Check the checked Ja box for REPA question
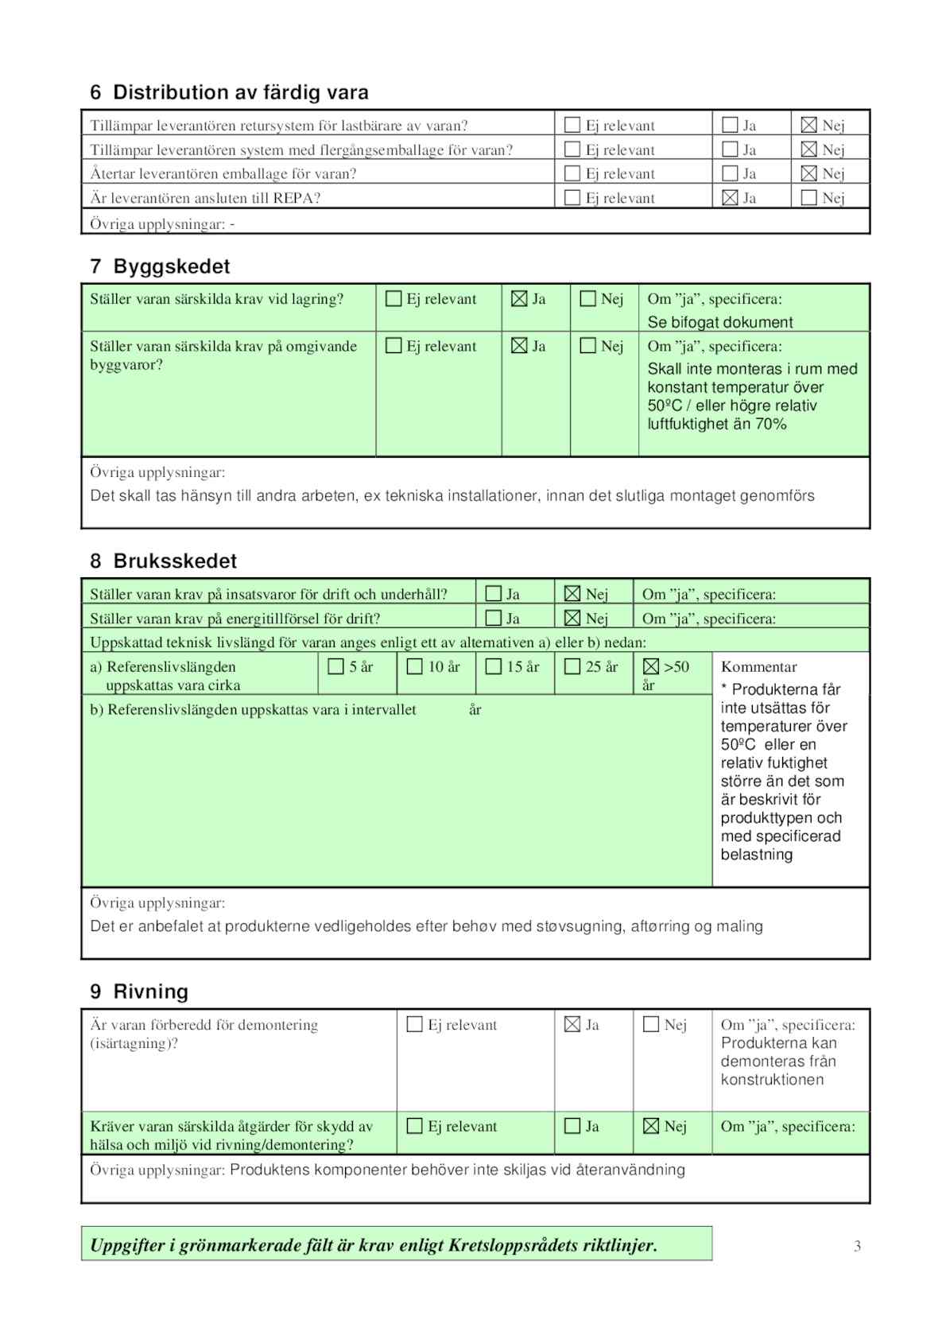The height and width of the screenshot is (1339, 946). point(730,198)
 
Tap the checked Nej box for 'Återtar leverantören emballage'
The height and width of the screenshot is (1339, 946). point(808,173)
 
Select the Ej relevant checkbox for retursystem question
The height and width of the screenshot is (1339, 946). point(572,125)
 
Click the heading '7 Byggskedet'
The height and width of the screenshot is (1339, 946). point(160,266)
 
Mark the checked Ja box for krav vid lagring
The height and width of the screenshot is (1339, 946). point(519,299)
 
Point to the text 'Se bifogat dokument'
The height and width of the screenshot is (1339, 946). point(719,322)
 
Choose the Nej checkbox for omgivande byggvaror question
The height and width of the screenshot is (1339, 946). point(587,346)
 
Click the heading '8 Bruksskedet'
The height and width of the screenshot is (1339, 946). point(163,561)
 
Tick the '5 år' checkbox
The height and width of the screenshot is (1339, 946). point(335,667)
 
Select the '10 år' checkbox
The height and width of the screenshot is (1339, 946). point(414,667)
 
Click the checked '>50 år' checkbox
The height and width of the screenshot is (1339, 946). point(650,667)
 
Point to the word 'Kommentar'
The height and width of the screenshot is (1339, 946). point(758,667)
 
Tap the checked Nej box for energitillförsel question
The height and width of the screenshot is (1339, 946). point(572,618)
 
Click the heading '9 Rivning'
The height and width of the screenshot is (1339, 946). point(139,992)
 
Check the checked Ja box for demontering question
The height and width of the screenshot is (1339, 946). point(572,1024)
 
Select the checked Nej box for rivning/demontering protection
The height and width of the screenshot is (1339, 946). point(650,1126)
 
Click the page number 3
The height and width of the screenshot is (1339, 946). point(857,1246)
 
